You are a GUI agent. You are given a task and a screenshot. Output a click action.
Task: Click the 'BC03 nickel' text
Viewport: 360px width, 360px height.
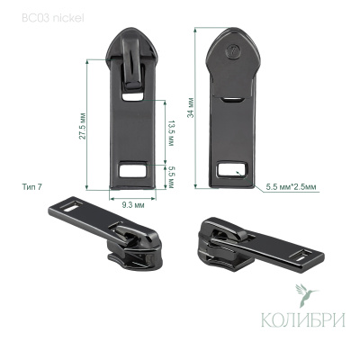(53, 18)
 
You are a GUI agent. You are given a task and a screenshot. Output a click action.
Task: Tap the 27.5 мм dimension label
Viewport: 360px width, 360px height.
(83, 126)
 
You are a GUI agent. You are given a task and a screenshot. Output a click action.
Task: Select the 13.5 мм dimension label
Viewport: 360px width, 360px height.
(171, 133)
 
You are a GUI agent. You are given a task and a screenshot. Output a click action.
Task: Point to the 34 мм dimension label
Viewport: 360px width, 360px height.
(190, 108)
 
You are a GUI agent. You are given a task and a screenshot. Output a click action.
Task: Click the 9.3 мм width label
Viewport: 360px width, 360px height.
(133, 205)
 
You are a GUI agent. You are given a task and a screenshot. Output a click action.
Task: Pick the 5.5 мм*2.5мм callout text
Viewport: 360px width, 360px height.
(291, 187)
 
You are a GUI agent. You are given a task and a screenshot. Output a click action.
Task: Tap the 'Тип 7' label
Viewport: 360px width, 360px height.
(31, 187)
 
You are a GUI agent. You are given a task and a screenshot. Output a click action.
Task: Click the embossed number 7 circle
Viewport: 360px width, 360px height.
(232, 50)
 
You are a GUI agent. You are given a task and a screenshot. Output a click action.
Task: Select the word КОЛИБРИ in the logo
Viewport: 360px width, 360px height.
(303, 319)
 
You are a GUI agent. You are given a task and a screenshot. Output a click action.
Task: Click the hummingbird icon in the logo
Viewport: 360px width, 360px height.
(305, 295)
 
